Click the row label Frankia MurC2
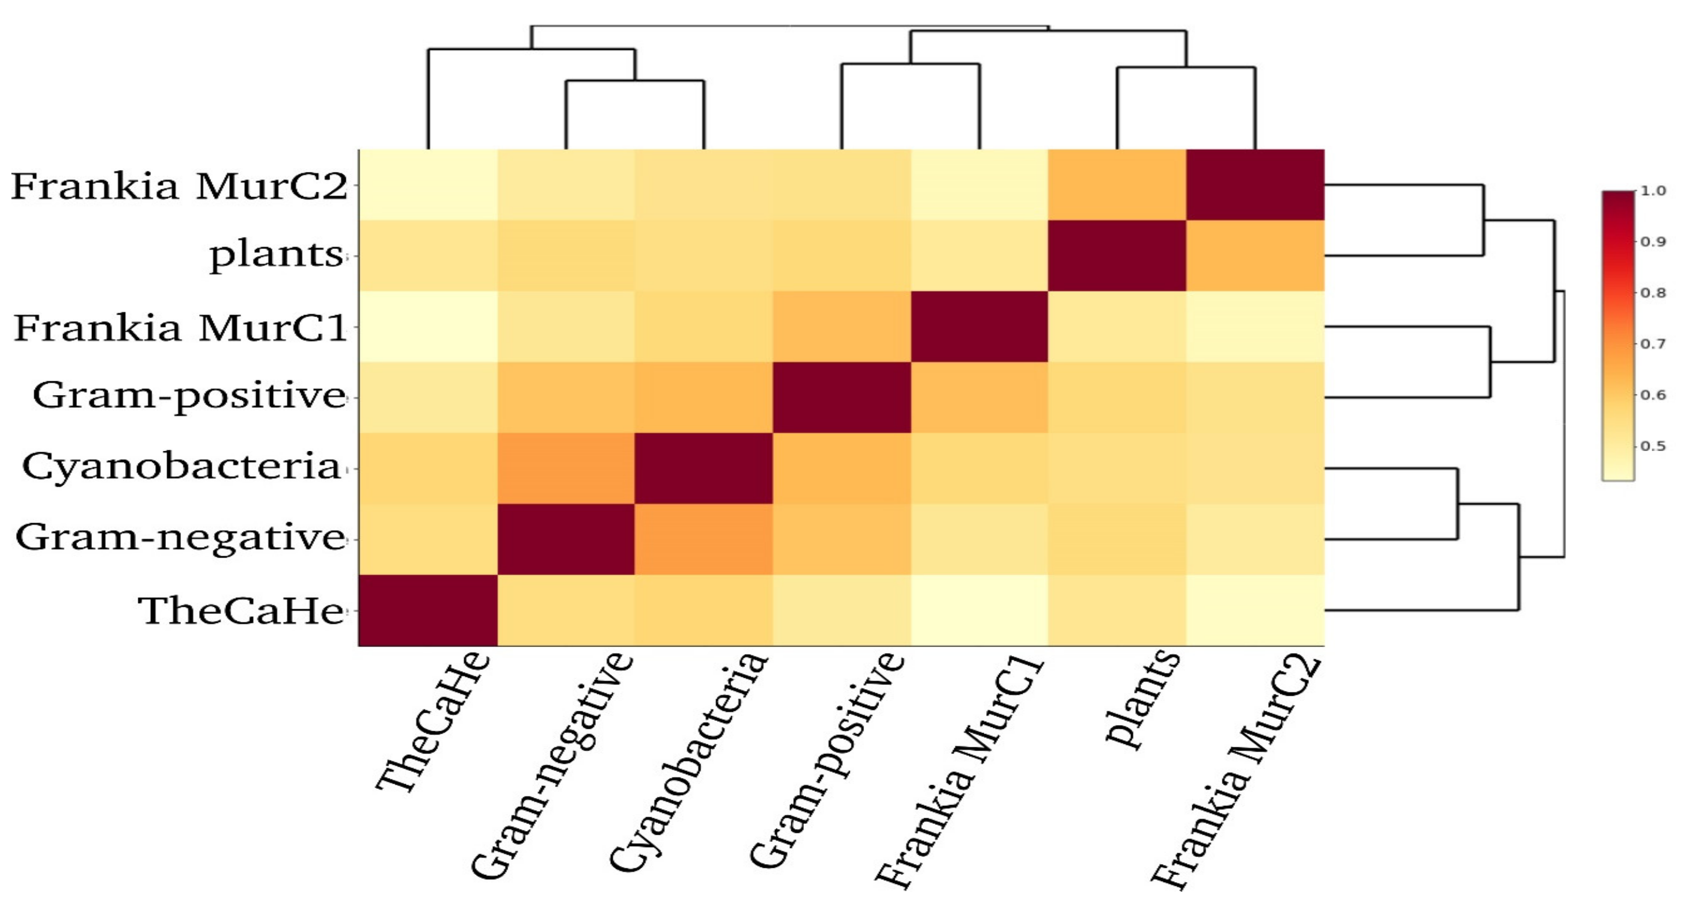pos(179,186)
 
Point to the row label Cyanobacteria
pos(181,467)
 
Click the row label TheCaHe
pos(241,611)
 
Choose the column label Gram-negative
pos(553,765)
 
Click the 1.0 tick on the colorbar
pos(1653,191)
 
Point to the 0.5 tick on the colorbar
pos(1653,446)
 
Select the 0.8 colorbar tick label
pos(1653,293)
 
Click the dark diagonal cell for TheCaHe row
pos(428,610)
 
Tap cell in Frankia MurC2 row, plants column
pos(1117,185)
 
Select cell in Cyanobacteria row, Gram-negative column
pos(566,468)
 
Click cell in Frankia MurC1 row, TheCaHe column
pos(428,327)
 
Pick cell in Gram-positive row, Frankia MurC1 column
pos(979,397)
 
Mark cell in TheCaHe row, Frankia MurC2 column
pos(1255,610)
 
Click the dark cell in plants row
pos(1117,256)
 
